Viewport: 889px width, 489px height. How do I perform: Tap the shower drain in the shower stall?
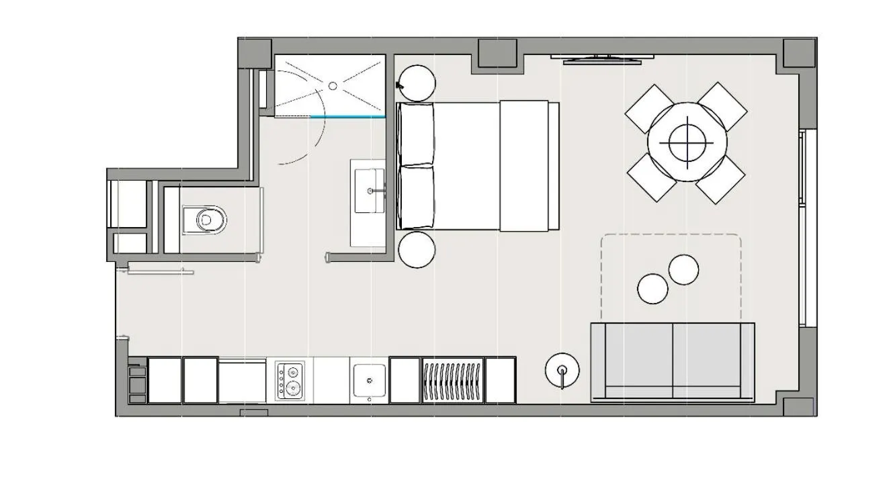point(332,86)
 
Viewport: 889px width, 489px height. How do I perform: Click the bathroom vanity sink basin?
point(369,191)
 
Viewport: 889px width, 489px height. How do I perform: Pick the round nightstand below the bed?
point(417,249)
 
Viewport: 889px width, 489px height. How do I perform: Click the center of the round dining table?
point(687,142)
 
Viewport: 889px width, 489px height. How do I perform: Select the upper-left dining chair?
point(649,107)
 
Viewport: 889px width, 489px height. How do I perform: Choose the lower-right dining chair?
point(720,179)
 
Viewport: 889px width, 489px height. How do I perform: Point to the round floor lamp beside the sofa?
point(561,371)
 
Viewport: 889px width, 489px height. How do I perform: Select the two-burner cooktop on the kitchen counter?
point(290,380)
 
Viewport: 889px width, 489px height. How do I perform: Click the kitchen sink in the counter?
point(369,381)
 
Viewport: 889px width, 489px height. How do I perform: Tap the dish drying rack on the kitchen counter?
point(452,381)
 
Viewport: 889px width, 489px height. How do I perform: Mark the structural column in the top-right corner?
point(799,54)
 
